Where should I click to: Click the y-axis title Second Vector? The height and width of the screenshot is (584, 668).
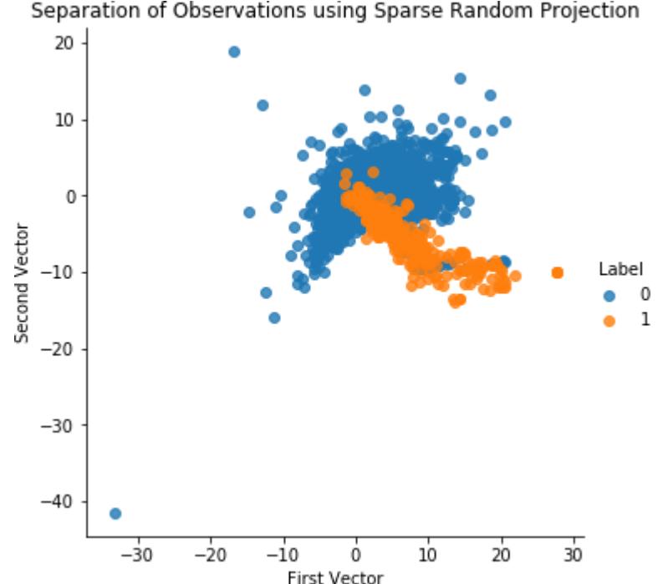pos(23,282)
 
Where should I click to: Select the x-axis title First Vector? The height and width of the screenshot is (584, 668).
pos(335,576)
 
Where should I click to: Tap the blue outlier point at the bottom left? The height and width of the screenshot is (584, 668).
pos(115,513)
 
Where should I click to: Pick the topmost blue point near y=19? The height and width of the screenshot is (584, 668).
pos(234,52)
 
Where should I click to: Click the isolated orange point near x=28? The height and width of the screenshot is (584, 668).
pos(558,272)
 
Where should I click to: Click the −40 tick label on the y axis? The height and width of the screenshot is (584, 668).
pos(63,501)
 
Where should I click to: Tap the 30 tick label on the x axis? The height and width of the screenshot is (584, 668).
pos(574,554)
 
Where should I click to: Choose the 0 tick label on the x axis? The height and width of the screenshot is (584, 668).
pos(356,554)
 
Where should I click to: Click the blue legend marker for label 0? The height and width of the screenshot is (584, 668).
pos(609,296)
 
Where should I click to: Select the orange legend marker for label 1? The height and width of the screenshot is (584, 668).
pos(609,320)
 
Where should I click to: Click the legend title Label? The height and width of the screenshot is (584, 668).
pos(620,269)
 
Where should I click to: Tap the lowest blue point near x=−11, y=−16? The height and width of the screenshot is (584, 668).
pos(274,317)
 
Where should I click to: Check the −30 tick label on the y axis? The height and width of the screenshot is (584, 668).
pos(63,425)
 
